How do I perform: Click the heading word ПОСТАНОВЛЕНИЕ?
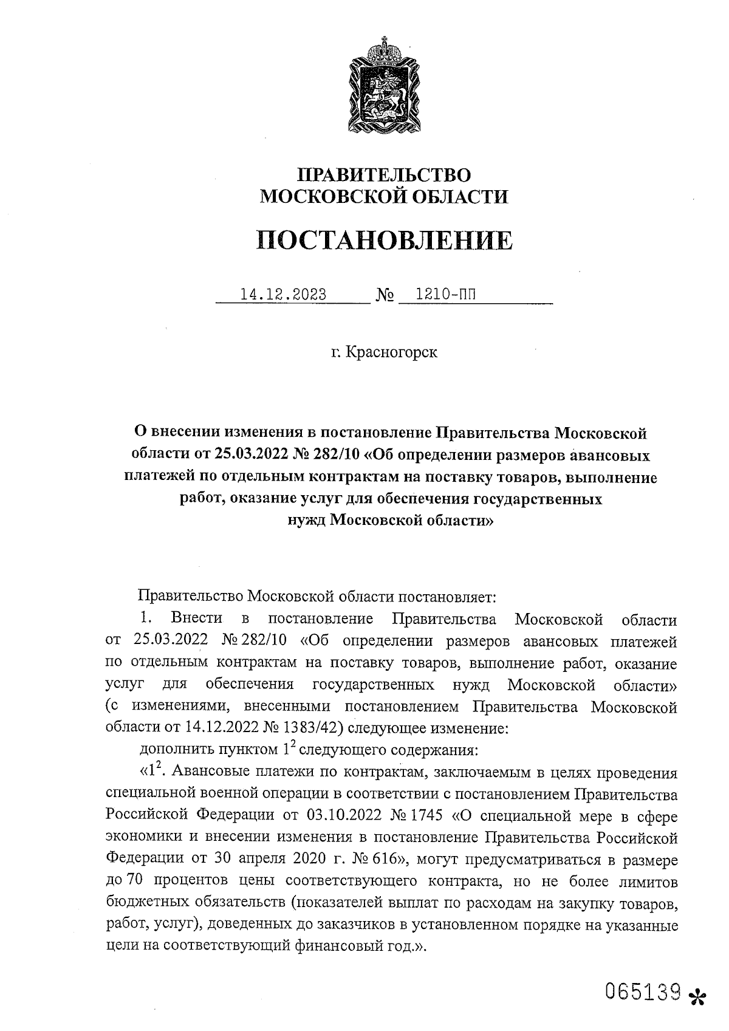[384, 241]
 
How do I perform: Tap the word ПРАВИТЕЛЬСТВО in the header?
[383, 175]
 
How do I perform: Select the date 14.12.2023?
[284, 295]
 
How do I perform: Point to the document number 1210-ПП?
[442, 295]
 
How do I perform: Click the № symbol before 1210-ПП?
[385, 296]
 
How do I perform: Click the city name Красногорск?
[391, 352]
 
